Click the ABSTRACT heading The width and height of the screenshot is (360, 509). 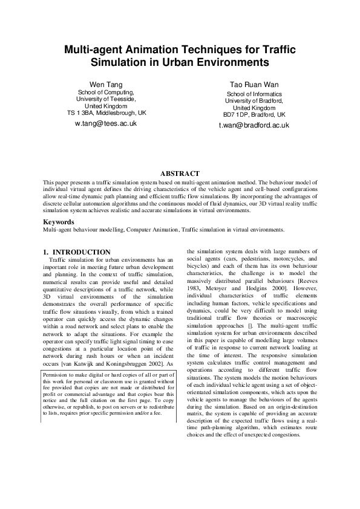coord(179,173)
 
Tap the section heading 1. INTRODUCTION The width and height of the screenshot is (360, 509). coord(76,251)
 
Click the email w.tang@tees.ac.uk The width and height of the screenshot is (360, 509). coord(105,123)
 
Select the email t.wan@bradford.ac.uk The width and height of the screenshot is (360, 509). coord(254,125)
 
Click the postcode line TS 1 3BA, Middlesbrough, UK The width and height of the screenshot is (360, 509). coord(106,112)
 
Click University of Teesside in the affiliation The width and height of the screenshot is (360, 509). coord(106,98)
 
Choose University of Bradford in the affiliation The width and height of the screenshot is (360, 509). coord(254,100)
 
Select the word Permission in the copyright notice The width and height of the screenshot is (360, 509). coord(58,374)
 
